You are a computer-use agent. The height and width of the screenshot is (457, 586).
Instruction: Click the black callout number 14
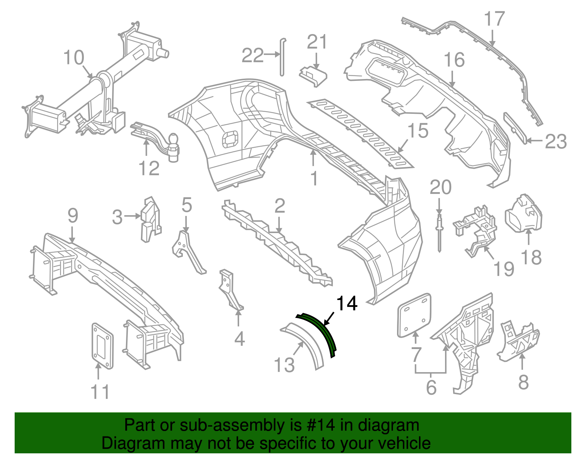[x=346, y=304]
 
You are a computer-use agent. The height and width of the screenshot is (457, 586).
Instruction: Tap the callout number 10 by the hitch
[x=74, y=58]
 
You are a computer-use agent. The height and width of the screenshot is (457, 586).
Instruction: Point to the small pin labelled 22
[x=282, y=57]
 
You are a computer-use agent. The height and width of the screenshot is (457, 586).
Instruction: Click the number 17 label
[x=494, y=19]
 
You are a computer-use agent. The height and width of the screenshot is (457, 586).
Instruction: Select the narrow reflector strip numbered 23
[x=516, y=128]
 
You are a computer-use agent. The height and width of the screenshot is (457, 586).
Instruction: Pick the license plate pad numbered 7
[x=414, y=315]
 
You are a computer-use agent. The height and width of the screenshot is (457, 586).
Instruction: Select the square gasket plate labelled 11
[x=102, y=346]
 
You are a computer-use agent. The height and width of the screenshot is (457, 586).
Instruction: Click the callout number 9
[x=73, y=216]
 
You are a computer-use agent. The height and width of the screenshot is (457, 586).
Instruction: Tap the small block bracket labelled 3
[x=151, y=219]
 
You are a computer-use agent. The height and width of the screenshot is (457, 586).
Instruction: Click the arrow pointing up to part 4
[x=238, y=318]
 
